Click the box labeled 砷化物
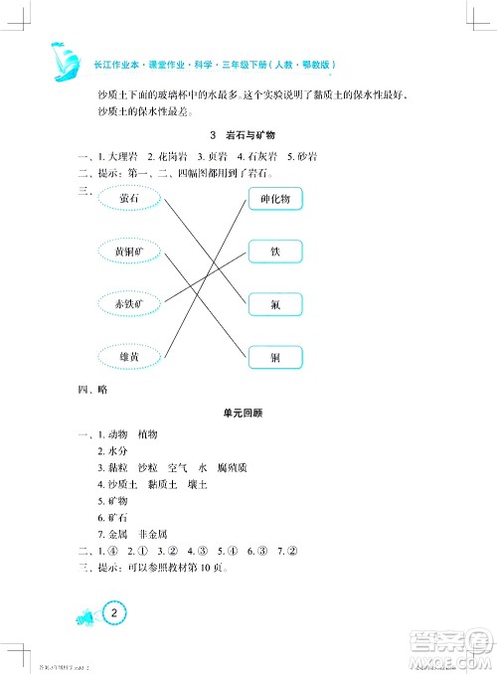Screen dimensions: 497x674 (x=273, y=199)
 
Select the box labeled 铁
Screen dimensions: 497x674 (x=275, y=252)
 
